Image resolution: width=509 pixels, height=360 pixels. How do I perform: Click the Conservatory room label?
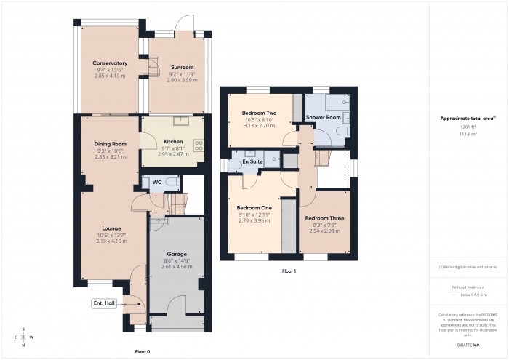[x=111, y=63]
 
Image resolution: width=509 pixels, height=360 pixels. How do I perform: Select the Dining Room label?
[x=111, y=144]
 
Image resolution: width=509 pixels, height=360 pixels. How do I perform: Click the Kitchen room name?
[x=173, y=141]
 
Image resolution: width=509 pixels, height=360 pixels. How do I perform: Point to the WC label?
[x=156, y=182]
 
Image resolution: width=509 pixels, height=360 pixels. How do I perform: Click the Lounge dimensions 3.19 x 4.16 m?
[x=111, y=241]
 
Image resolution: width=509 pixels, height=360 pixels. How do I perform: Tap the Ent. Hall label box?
[x=105, y=303]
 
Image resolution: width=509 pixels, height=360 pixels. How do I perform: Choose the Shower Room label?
[x=324, y=117]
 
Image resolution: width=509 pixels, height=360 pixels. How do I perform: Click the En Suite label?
[x=253, y=161]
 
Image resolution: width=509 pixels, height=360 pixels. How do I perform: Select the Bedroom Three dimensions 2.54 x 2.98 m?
[x=324, y=231]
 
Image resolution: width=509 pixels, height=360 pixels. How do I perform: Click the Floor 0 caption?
[x=143, y=351]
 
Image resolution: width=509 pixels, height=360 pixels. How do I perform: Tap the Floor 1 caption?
[x=289, y=271]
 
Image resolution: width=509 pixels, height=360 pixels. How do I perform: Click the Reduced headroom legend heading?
[x=469, y=287]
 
